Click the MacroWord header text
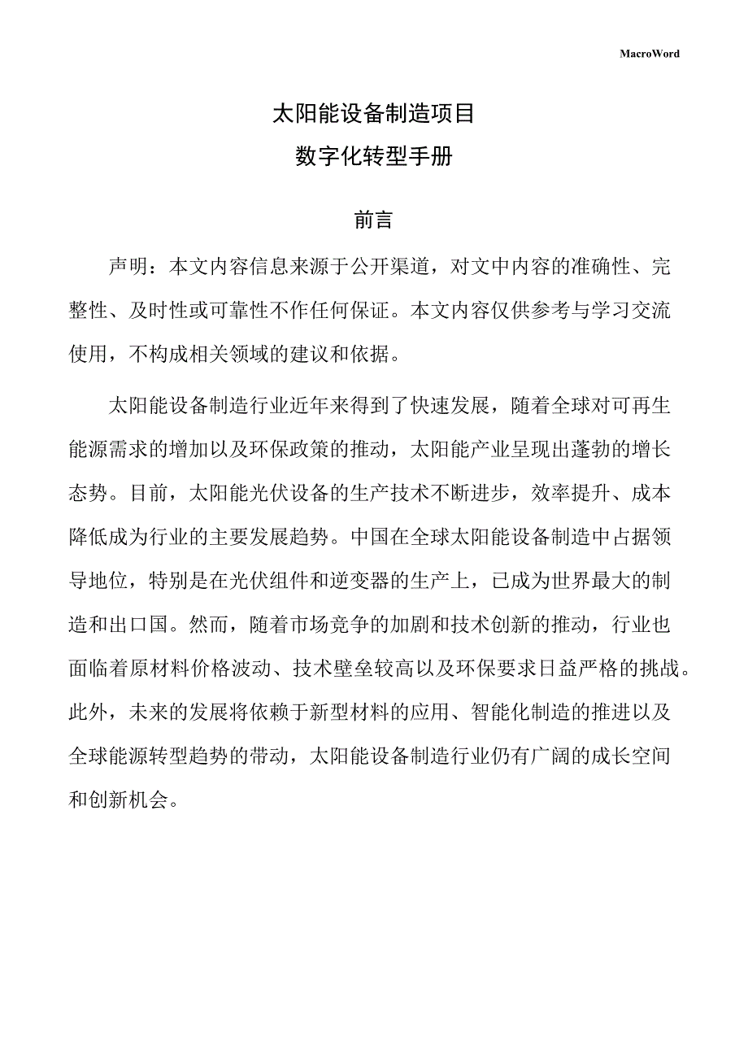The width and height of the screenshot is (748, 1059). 649,54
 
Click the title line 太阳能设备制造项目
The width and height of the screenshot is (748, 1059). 374,114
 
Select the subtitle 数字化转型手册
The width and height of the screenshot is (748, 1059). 374,157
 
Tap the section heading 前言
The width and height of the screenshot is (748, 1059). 374,220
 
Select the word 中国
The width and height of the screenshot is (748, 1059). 379,536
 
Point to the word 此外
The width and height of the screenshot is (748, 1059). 89,713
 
